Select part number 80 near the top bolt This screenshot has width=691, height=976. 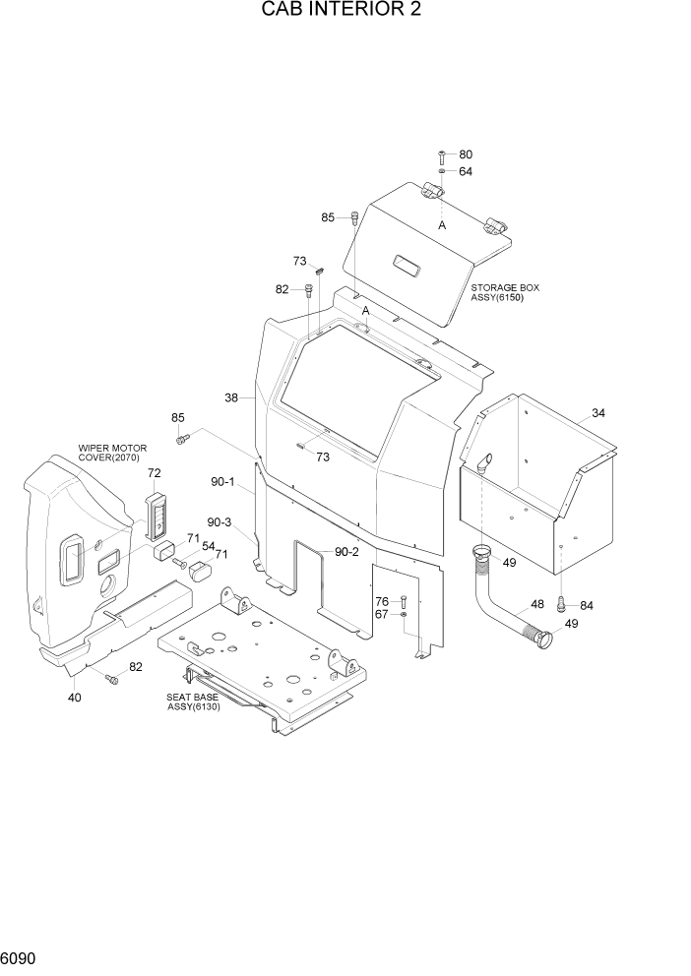point(466,154)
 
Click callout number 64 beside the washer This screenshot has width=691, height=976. point(466,171)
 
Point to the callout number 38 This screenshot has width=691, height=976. point(231,398)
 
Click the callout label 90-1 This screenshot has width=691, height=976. point(221,482)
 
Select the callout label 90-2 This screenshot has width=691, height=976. point(346,553)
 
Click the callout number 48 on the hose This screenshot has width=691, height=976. point(537,604)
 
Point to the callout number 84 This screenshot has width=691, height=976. point(588,605)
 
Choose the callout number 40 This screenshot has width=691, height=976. point(75,698)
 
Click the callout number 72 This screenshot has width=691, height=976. point(154,473)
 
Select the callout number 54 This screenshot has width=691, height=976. point(209,546)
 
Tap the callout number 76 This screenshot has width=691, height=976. point(381,601)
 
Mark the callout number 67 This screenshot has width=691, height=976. point(381,615)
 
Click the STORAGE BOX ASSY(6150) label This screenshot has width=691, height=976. point(505,292)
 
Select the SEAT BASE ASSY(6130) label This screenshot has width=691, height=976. point(193,701)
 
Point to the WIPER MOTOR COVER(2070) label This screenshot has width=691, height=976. point(113,454)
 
